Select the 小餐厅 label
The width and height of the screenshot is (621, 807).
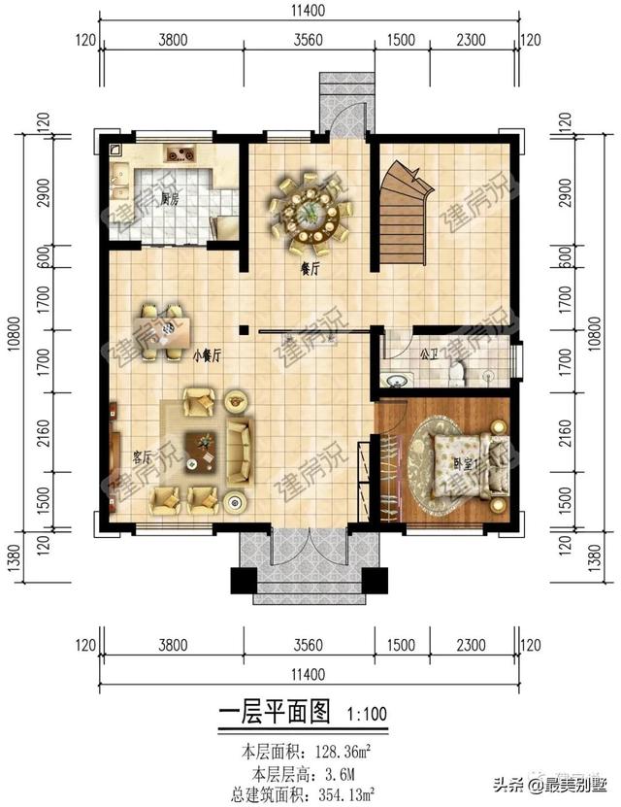coord(208,356)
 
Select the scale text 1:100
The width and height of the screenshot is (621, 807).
coord(367,715)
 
